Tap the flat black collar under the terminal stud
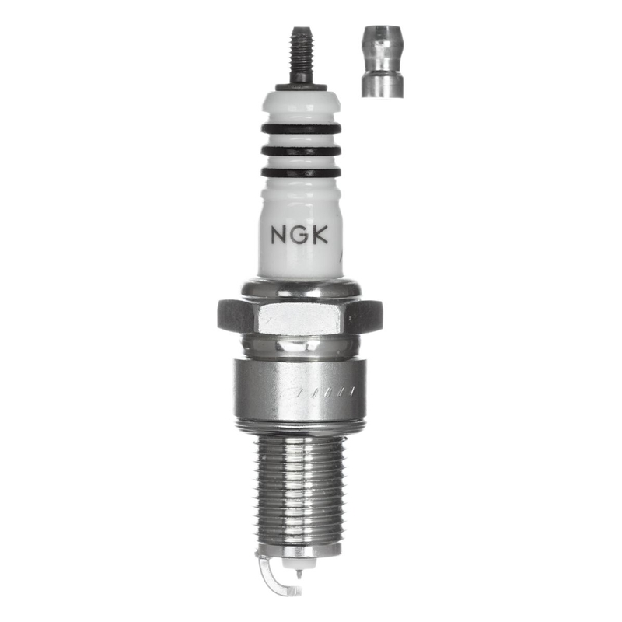pos(301,86)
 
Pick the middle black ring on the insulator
pos(301,150)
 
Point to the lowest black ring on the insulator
pos(301,172)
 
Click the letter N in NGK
pos(278,234)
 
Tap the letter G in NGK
pos(299,234)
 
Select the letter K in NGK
pos(320,234)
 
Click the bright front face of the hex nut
pos(299,317)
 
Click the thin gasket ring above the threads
pos(299,427)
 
